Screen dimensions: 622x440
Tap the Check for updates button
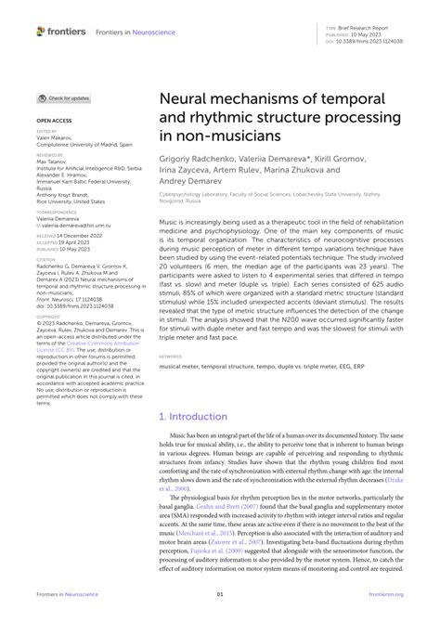click(64, 97)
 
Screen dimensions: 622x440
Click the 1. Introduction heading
click(195, 417)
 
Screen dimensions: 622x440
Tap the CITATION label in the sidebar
click(45, 260)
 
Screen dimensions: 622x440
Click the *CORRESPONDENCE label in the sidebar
click(55, 213)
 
